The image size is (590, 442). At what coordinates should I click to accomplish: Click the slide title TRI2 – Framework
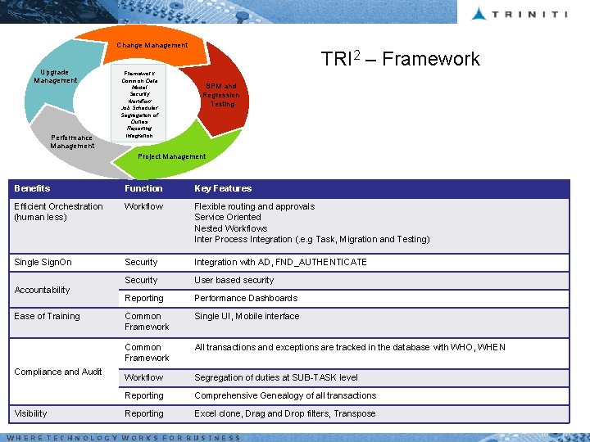pyautogui.click(x=400, y=59)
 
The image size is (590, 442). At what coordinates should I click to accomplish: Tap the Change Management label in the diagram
pyautogui.click(x=152, y=45)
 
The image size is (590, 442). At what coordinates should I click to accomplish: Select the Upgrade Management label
pyautogui.click(x=56, y=76)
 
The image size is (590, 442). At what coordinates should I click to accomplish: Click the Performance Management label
pyautogui.click(x=72, y=142)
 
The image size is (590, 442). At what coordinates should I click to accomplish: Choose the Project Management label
pyautogui.click(x=172, y=156)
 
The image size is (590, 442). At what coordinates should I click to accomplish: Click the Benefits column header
pyautogui.click(x=32, y=188)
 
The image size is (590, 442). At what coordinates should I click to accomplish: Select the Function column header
pyautogui.click(x=143, y=188)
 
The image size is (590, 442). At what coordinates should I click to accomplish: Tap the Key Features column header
pyautogui.click(x=223, y=188)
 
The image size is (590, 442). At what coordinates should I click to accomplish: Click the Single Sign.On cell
pyautogui.click(x=43, y=262)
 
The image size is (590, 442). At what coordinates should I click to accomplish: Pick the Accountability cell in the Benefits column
pyautogui.click(x=42, y=290)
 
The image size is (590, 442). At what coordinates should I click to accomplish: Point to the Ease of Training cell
pyautogui.click(x=47, y=316)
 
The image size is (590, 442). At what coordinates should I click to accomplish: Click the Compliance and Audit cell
pyautogui.click(x=58, y=372)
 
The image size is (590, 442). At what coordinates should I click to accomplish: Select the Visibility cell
pyautogui.click(x=31, y=413)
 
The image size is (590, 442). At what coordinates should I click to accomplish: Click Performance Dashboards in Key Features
pyautogui.click(x=246, y=298)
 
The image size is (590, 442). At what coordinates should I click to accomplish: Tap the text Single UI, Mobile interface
pyautogui.click(x=247, y=316)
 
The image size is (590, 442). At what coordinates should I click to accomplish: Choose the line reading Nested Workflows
pyautogui.click(x=231, y=228)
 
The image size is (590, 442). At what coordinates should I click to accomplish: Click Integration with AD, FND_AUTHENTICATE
pyautogui.click(x=280, y=262)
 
